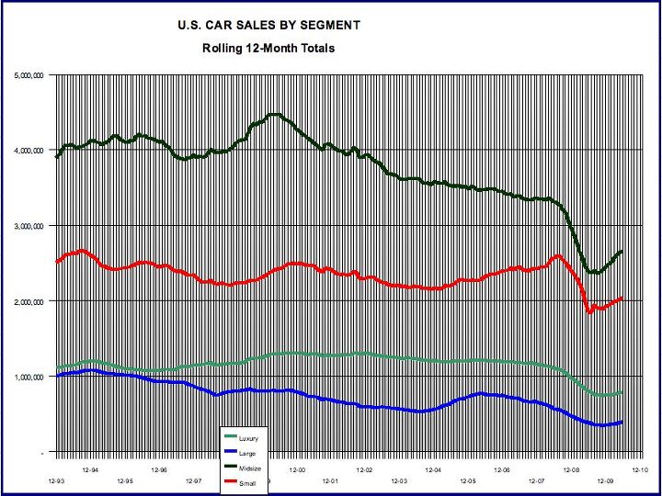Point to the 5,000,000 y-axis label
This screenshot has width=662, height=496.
pyautogui.click(x=29, y=74)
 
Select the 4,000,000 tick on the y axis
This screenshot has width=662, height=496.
pyautogui.click(x=29, y=150)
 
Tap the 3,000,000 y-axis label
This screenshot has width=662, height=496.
pyautogui.click(x=29, y=226)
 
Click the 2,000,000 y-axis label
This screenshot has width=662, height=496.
pyautogui.click(x=29, y=301)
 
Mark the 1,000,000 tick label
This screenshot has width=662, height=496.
pyautogui.click(x=29, y=377)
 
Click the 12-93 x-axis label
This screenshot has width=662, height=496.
pyautogui.click(x=57, y=480)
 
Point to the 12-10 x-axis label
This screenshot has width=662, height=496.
pyautogui.click(x=639, y=468)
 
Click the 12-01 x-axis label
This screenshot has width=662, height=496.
pyautogui.click(x=330, y=480)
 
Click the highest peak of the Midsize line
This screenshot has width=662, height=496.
pyautogui.click(x=273, y=114)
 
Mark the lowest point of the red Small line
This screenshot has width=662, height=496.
pyautogui.click(x=590, y=313)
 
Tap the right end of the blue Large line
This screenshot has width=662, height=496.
pyautogui.click(x=622, y=422)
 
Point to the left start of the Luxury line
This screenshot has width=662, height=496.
pyautogui.click(x=57, y=367)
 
